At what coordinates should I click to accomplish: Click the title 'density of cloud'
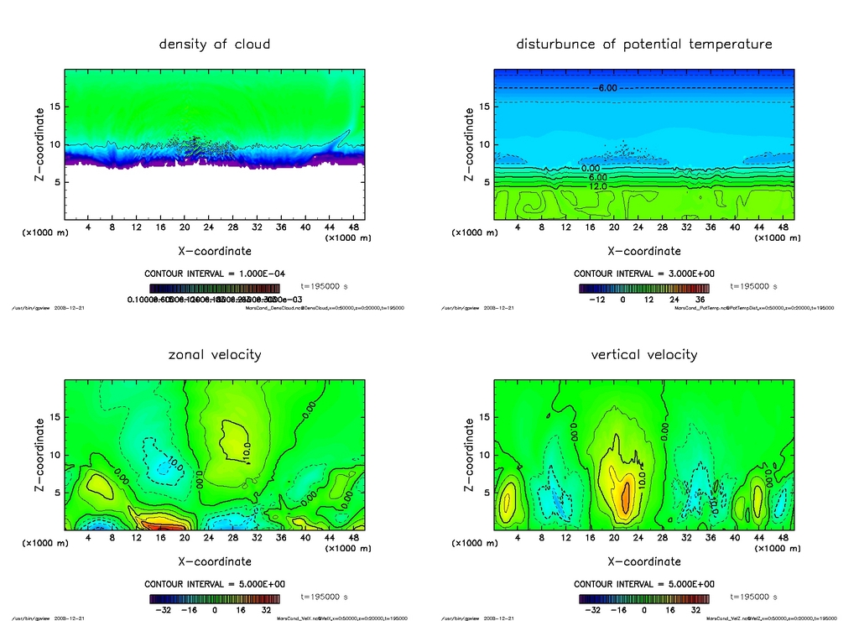(x=215, y=44)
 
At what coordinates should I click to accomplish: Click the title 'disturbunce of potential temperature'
(x=643, y=44)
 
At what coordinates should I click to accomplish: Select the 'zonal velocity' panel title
(x=215, y=354)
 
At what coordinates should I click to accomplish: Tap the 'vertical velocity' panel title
(x=643, y=354)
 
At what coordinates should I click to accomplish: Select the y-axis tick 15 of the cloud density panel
(x=53, y=107)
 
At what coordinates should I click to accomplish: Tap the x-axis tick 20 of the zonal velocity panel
(x=185, y=538)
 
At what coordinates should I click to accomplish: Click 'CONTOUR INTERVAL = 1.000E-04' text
(x=215, y=274)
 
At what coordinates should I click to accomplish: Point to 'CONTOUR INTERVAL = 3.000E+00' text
(x=643, y=274)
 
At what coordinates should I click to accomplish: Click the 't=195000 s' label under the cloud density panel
(x=324, y=287)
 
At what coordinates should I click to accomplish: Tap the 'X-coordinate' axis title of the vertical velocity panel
(x=643, y=561)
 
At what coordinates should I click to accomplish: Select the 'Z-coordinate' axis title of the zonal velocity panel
(x=39, y=454)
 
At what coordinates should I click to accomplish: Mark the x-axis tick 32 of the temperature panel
(x=686, y=227)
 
